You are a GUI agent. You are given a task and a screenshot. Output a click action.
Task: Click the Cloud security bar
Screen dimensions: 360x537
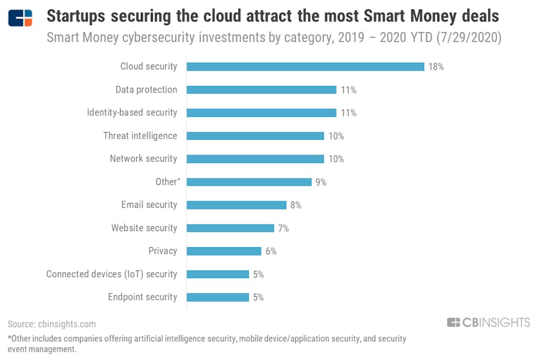(x=305, y=66)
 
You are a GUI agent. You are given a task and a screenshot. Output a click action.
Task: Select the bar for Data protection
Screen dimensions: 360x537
(x=261, y=90)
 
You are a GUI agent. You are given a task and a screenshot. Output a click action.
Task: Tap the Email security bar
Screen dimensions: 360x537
(x=236, y=205)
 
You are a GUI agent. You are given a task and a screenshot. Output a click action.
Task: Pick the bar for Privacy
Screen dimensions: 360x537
(x=224, y=251)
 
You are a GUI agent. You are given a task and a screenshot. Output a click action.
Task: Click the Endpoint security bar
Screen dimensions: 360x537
(x=218, y=297)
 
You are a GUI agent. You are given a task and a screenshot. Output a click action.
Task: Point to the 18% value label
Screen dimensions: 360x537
(x=436, y=67)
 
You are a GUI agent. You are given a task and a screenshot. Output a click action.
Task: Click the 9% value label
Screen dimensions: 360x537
(x=321, y=182)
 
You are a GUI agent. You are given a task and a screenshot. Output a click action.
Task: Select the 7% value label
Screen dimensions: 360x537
(x=283, y=228)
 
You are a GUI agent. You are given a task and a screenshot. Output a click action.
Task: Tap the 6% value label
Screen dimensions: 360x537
(x=271, y=251)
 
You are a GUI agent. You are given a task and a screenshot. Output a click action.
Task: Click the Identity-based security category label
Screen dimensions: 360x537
(x=132, y=112)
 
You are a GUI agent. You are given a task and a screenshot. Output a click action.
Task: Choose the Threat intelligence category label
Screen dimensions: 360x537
(x=140, y=136)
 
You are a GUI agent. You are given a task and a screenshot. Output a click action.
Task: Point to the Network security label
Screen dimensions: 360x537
(x=143, y=159)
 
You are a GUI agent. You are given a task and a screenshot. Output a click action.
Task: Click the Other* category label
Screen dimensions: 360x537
(x=166, y=181)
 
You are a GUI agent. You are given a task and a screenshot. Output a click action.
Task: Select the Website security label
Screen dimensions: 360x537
(x=144, y=228)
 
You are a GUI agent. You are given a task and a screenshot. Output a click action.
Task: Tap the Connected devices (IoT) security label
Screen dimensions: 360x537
(x=112, y=274)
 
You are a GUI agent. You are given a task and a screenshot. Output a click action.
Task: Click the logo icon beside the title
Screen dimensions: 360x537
(x=20, y=18)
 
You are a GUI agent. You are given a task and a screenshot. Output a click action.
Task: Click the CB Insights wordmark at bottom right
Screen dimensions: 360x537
(x=488, y=322)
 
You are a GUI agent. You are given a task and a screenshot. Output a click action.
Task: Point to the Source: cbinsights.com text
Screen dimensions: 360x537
(x=52, y=324)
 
